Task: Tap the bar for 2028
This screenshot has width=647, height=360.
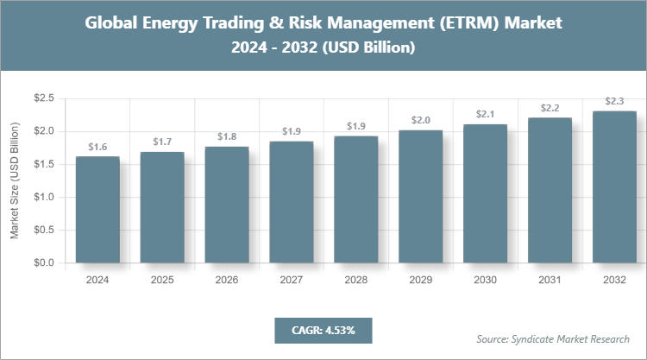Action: click(355, 199)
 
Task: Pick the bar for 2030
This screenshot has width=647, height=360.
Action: click(485, 193)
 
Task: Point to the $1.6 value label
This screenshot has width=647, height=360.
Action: click(97, 147)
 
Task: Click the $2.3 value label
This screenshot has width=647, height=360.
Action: click(614, 101)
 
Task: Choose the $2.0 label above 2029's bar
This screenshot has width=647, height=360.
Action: click(420, 120)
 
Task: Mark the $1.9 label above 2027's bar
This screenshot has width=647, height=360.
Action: click(291, 131)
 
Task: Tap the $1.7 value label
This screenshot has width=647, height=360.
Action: click(162, 142)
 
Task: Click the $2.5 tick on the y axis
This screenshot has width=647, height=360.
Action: click(43, 99)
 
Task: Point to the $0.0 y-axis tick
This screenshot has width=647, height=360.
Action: click(43, 262)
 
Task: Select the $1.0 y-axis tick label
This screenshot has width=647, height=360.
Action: click(43, 197)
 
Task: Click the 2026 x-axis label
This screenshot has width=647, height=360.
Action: click(227, 280)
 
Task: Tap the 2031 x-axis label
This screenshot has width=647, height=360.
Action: click(550, 280)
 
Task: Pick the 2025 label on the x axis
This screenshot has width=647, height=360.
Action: click(162, 280)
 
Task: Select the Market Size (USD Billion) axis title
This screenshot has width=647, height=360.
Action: click(15, 181)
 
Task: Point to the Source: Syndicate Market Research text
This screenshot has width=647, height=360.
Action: click(553, 338)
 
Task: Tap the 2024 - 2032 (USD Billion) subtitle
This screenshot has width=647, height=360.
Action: click(323, 48)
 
